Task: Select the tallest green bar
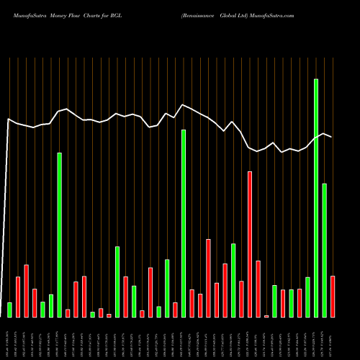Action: coord(316,198)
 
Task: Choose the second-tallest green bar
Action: coord(184,223)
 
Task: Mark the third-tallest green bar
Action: coord(59,235)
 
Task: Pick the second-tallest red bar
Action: coord(208,278)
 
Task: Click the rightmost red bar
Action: coord(333,296)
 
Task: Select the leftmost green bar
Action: coord(9,310)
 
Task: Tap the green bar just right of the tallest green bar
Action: coord(324,250)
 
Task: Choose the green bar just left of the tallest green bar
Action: coord(307,297)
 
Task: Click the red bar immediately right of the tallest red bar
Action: coord(258,289)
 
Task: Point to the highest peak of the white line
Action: coord(184,104)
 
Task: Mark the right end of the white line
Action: coord(332,136)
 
